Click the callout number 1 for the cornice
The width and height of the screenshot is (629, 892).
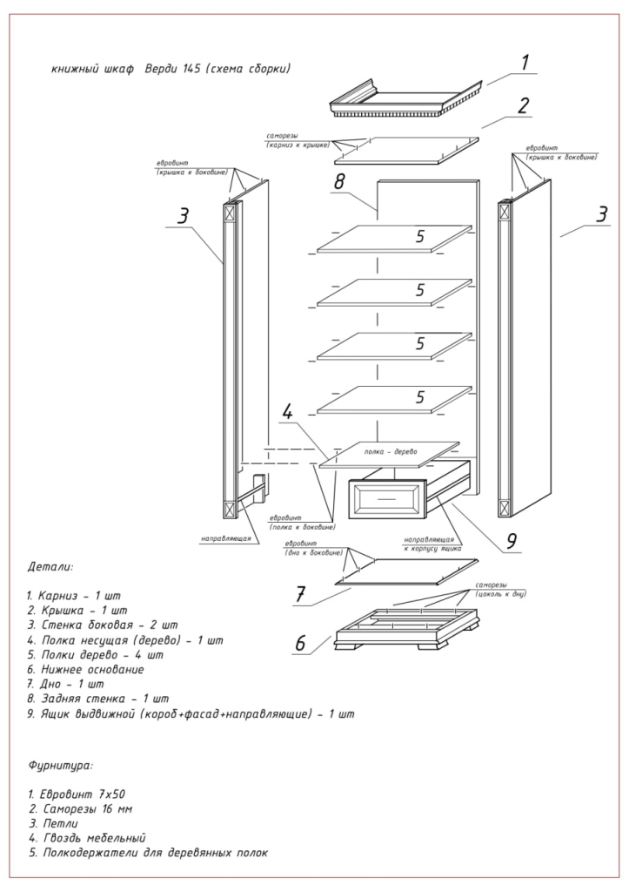[x=525, y=62]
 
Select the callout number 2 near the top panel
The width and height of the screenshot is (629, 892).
[x=524, y=105]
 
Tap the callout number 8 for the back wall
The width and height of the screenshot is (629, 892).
[x=339, y=181]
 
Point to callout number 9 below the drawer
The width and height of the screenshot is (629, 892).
[x=512, y=540]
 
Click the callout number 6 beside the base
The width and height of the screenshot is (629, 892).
[x=300, y=643]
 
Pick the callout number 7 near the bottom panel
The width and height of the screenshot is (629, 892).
[x=300, y=594]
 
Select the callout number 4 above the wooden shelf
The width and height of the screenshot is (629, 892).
[x=287, y=412]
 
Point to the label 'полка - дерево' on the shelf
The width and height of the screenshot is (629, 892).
[x=391, y=452]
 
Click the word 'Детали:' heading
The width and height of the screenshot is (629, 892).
[x=50, y=567]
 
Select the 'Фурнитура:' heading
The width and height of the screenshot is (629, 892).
[x=60, y=766]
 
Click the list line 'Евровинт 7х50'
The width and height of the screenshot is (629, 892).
[x=77, y=794]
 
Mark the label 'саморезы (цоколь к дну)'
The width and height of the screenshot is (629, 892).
[x=500, y=590]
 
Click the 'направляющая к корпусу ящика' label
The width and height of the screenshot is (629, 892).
[x=432, y=544]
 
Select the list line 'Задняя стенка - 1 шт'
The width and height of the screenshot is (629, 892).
[x=97, y=699]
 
